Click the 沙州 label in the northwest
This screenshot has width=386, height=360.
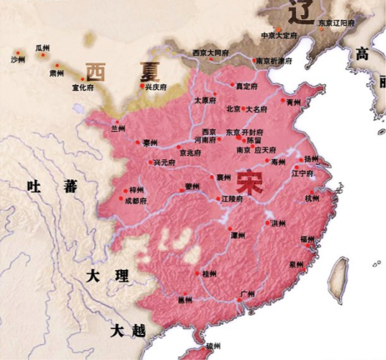point(17,59)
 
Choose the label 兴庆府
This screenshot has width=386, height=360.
point(156,86)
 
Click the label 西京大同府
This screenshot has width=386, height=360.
point(210,53)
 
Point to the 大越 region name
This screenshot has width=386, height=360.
point(127,330)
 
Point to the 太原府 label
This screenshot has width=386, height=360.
point(205,101)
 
